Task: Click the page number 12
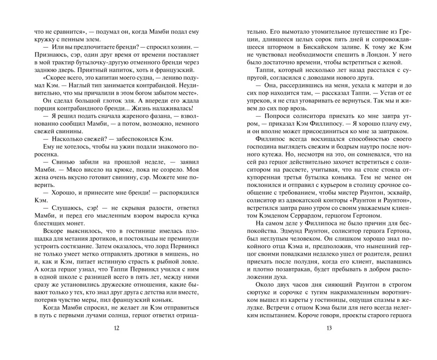[116, 328]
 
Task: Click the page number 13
[330, 328]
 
